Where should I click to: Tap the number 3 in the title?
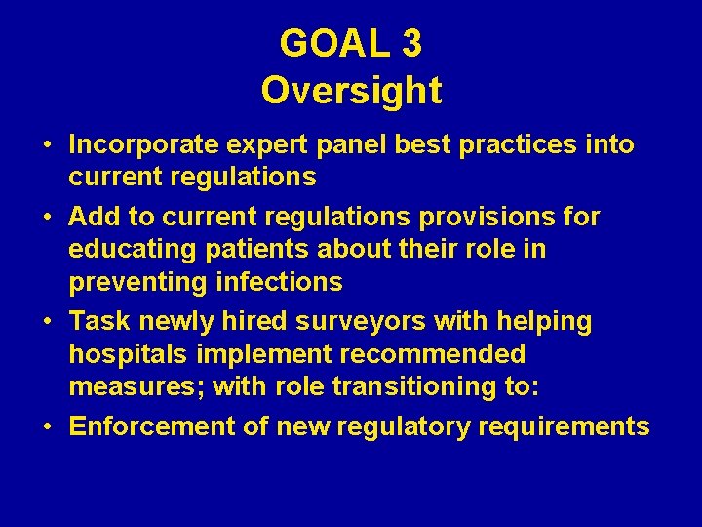(410, 43)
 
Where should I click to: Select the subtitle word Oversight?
(351, 90)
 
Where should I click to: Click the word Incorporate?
(143, 145)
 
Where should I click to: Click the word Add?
(93, 216)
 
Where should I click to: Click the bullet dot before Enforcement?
(47, 427)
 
